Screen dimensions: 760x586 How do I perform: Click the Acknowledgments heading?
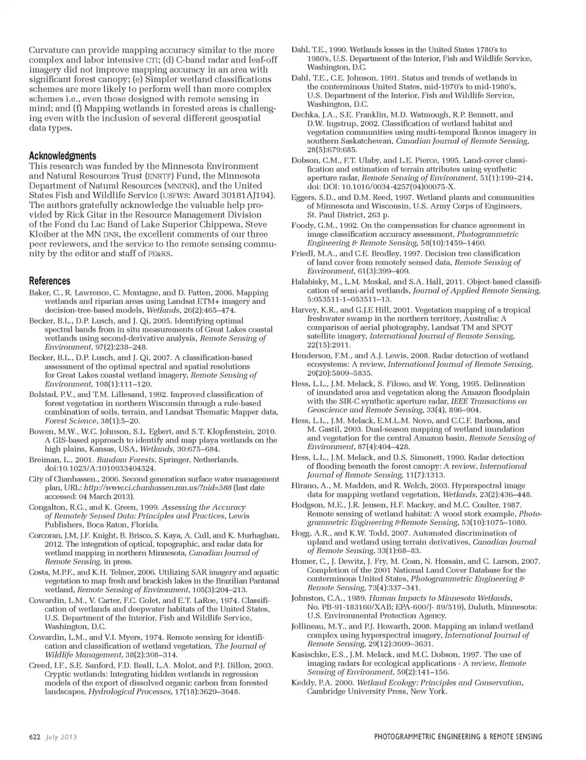(62, 156)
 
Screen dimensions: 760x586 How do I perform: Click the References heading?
(49, 281)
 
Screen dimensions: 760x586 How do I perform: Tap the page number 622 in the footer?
(35, 737)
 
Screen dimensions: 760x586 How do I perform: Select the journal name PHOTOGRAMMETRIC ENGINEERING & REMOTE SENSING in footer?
(458, 737)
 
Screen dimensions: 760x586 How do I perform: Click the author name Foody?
(303, 225)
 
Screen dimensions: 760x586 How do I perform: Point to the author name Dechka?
(305, 114)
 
